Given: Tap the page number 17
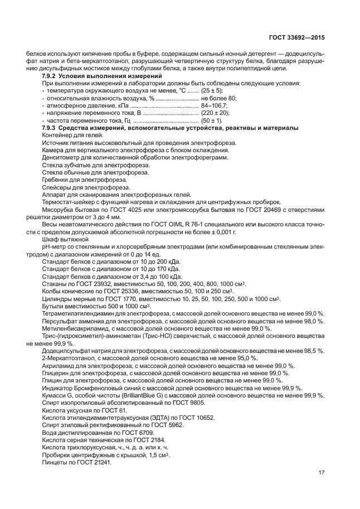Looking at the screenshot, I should pyautogui.click(x=322, y=473).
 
